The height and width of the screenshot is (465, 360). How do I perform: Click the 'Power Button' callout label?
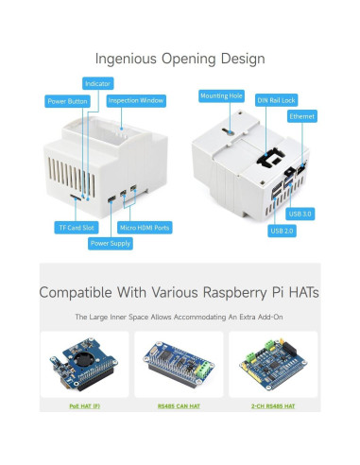(x=66, y=101)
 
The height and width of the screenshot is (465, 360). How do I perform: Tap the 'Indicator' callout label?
(x=97, y=83)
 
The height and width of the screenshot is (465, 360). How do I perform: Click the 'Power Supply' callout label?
(x=111, y=243)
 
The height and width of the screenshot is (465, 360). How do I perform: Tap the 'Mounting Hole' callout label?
(x=221, y=96)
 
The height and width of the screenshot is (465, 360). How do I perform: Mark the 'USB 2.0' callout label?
(x=283, y=231)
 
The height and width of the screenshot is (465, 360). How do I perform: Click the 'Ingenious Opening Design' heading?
(x=180, y=59)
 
